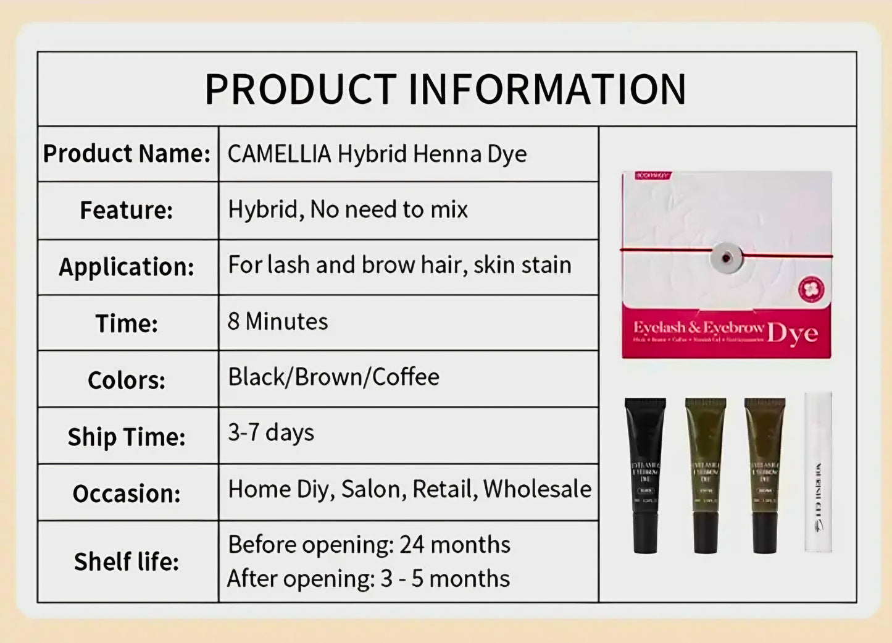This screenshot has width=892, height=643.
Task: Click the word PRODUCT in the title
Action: pyautogui.click(x=300, y=90)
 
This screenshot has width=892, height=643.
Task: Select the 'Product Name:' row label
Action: pyautogui.click(x=127, y=154)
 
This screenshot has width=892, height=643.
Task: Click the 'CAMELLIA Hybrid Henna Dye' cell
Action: pyautogui.click(x=377, y=154)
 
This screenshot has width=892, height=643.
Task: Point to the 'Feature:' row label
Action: pyautogui.click(x=126, y=211)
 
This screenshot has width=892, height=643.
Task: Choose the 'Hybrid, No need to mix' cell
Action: pyautogui.click(x=348, y=209)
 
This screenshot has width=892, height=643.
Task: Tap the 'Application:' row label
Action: pyautogui.click(x=127, y=267)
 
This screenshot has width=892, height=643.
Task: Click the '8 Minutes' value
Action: pyautogui.click(x=278, y=321)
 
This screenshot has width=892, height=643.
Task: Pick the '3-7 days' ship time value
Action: pyautogui.click(x=271, y=432)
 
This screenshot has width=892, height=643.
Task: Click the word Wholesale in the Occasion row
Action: pyautogui.click(x=537, y=489)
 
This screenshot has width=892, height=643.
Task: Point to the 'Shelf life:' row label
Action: pyautogui.click(x=127, y=562)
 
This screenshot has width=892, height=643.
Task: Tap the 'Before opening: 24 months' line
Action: pyautogui.click(x=369, y=545)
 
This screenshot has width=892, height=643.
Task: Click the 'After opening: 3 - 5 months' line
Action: pyautogui.click(x=369, y=579)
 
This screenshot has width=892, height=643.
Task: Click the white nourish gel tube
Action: pyautogui.click(x=818, y=472)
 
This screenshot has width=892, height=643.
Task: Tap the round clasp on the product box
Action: pyautogui.click(x=727, y=256)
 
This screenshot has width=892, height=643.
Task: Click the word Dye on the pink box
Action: pyautogui.click(x=793, y=334)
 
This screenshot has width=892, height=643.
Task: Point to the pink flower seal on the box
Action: pyautogui.click(x=811, y=289)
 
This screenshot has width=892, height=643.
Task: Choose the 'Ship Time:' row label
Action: pyautogui.click(x=127, y=437)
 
